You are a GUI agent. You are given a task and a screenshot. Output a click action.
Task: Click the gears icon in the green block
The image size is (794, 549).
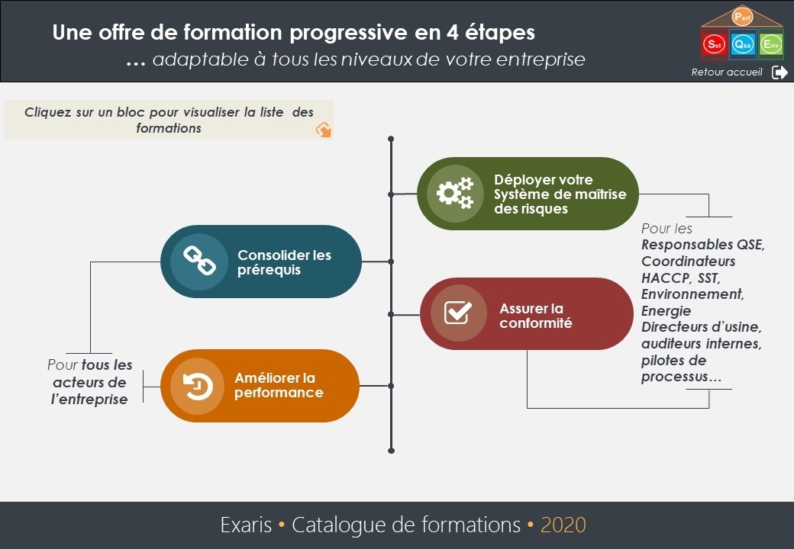455,193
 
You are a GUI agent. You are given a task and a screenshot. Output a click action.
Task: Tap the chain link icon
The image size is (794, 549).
199,261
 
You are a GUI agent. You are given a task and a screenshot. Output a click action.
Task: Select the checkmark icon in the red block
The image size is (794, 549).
458,313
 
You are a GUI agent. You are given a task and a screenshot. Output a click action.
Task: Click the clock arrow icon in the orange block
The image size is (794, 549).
198,387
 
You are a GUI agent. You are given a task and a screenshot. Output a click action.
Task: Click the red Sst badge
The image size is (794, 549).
714,44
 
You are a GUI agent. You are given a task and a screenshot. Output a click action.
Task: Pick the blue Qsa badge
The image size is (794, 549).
743,44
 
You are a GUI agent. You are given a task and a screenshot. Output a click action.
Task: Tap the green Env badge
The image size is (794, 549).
771,44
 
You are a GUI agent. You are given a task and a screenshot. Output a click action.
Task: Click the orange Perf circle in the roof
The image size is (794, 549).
742,18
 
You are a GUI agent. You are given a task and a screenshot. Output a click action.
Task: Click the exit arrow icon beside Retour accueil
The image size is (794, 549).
779,72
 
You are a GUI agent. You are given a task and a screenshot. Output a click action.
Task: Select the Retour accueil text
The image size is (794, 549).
727,72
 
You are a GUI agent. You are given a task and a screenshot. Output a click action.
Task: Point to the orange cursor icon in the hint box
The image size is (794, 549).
324,130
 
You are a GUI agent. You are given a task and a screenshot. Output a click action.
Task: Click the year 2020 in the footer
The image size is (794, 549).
563,525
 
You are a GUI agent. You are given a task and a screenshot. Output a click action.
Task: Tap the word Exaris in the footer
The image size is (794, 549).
246,525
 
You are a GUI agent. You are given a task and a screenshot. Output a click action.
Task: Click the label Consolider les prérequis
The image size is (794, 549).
284,262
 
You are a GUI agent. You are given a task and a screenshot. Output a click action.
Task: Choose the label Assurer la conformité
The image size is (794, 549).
536,316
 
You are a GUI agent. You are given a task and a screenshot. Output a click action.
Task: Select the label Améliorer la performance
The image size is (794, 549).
279,385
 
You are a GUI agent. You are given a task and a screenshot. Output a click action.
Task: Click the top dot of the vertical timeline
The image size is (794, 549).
391,139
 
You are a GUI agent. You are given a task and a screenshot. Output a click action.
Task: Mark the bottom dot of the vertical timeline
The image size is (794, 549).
391,451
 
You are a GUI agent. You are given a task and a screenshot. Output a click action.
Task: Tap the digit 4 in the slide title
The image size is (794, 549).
452,32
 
